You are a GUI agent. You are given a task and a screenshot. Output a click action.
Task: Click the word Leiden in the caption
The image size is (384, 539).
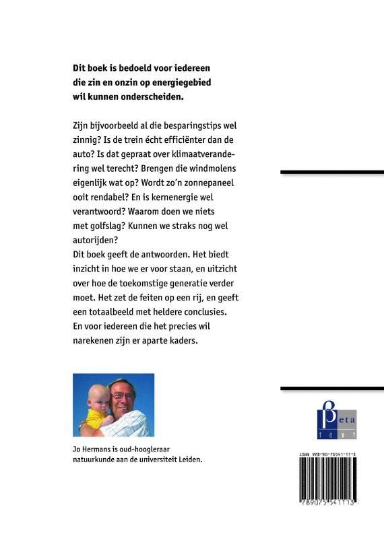[188, 459]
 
